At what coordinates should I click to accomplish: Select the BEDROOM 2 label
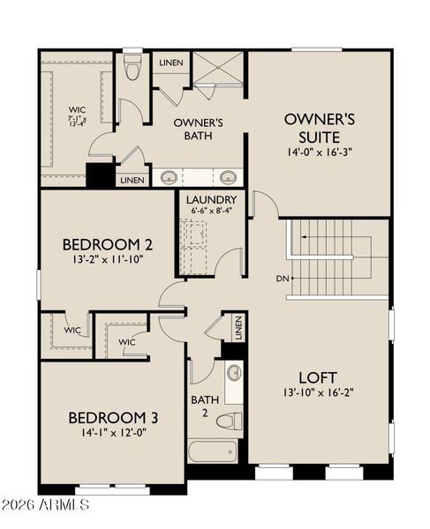102,244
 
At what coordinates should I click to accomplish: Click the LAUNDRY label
211,200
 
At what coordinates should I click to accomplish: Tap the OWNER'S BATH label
198,129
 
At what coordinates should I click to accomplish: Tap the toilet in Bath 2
232,420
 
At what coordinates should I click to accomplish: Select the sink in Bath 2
234,374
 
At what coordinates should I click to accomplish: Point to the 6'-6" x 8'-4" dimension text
211,212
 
